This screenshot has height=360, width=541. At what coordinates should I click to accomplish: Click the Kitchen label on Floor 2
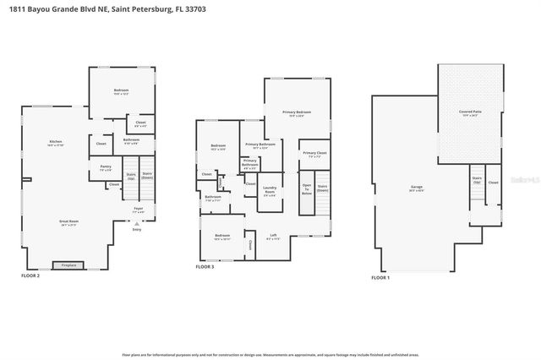[x=56, y=143]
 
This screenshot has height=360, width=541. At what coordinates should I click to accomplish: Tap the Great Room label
[x=69, y=224]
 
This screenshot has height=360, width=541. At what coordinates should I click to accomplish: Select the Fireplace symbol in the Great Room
[x=68, y=265]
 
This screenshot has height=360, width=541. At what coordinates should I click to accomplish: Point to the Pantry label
[x=106, y=169]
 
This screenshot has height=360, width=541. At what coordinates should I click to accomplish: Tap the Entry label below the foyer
[x=137, y=229]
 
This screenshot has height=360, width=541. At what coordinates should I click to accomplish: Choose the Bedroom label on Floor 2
[x=120, y=92]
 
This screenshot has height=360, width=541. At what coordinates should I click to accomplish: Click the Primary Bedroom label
[x=297, y=114]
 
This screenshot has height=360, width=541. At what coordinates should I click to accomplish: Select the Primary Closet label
[x=314, y=155]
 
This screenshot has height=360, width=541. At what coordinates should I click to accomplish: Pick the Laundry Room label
[x=270, y=190]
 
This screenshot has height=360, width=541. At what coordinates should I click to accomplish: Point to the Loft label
[x=273, y=237]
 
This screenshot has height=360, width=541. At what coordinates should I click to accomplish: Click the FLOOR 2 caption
[x=30, y=275]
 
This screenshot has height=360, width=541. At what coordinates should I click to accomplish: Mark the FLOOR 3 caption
[x=205, y=266]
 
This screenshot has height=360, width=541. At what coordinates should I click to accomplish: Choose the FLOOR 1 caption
[x=380, y=276]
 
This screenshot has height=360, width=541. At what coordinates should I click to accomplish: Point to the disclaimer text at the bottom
[x=270, y=356]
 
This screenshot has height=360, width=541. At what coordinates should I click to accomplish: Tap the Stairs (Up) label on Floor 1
[x=477, y=180]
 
